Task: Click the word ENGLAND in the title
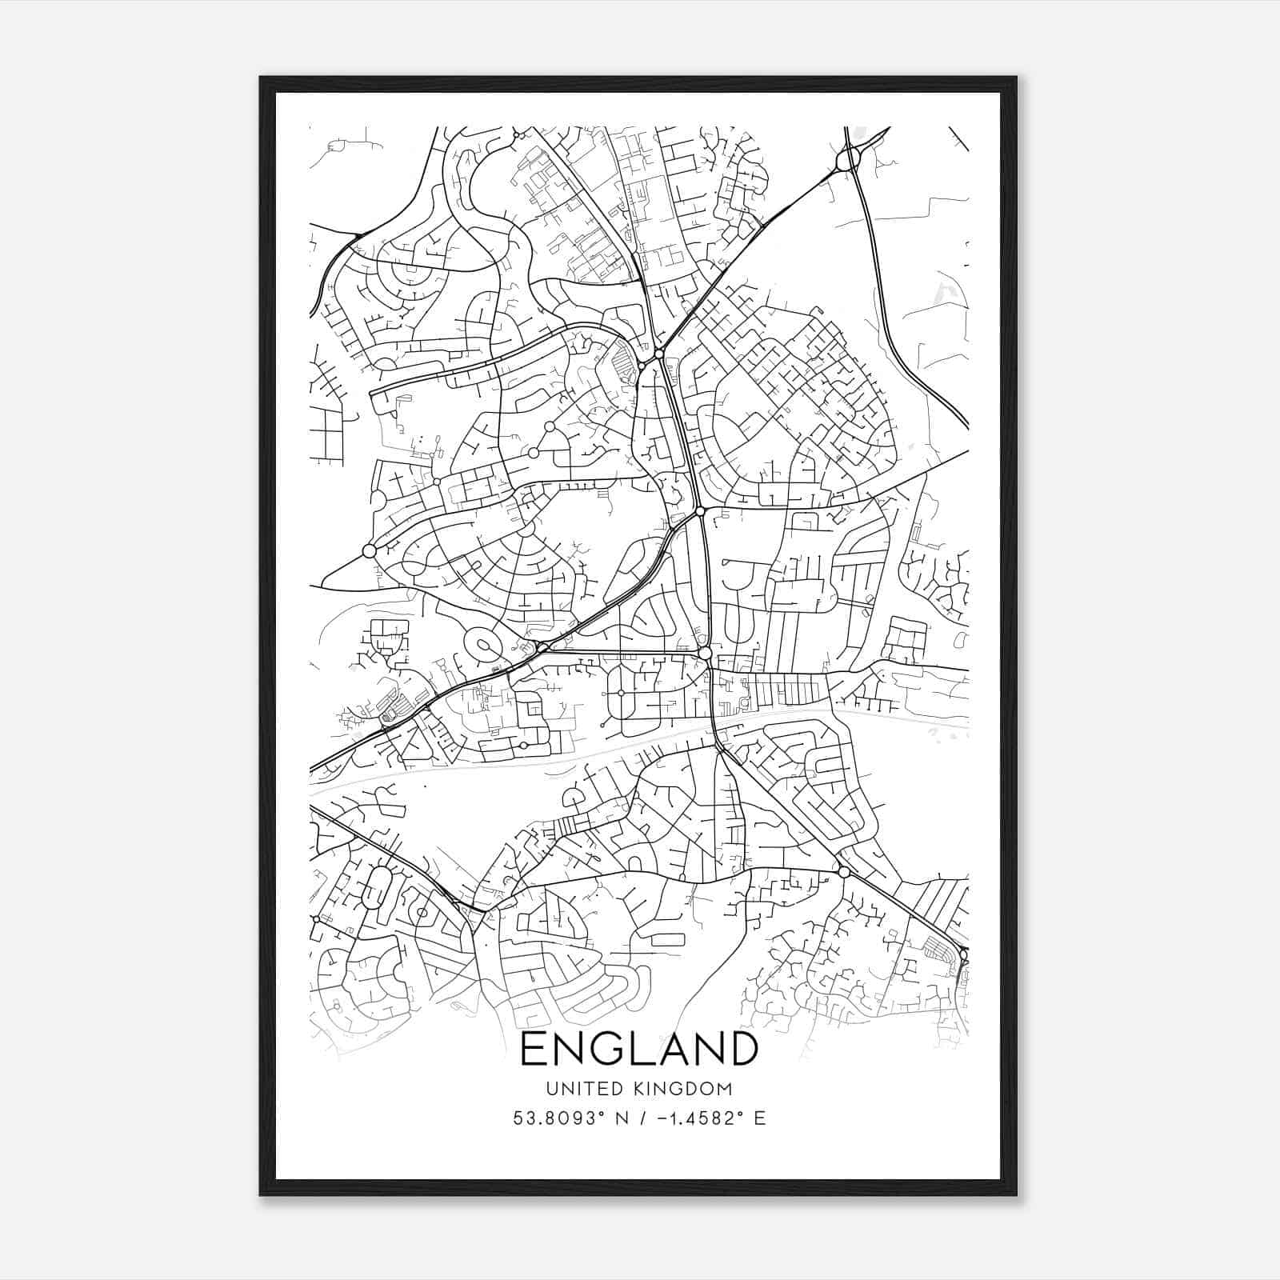coord(639,1049)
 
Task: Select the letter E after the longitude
coord(759,1118)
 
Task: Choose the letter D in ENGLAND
coord(740,1049)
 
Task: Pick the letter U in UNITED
coord(552,1089)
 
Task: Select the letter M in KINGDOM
coord(725,1089)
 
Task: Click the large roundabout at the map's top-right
coord(847,161)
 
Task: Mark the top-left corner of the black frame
coord(261,78)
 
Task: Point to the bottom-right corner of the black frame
coord(1016,1195)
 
